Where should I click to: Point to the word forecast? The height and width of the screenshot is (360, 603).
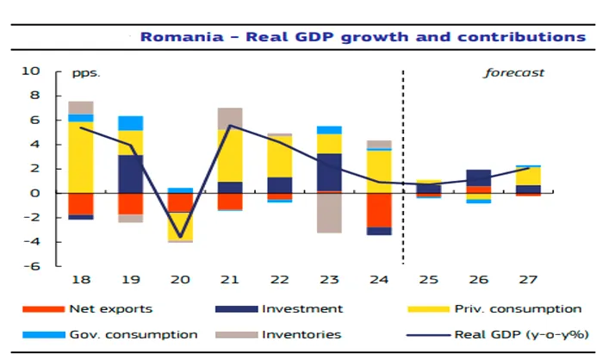pos(513,72)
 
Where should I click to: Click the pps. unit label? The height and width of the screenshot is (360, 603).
pos(86,72)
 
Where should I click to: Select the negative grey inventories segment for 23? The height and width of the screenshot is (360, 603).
pos(329,212)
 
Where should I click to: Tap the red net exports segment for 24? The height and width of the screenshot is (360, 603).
pos(378,210)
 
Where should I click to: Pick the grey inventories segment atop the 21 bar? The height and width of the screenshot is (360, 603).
pos(230,118)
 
